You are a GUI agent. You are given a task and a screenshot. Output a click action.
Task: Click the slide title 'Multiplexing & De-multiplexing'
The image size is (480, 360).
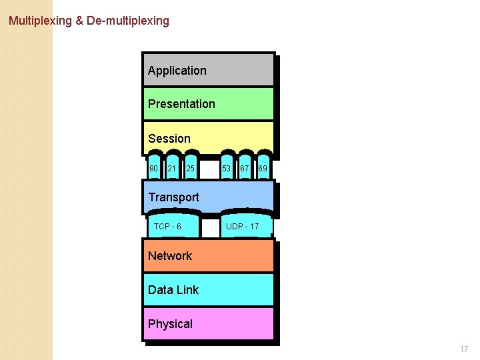[x=89, y=21]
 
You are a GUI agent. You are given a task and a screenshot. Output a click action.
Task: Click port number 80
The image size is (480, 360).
[x=153, y=169]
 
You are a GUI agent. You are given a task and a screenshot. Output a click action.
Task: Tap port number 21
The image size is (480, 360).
[x=172, y=169]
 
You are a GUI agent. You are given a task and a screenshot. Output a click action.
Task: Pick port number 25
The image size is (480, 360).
[x=191, y=169]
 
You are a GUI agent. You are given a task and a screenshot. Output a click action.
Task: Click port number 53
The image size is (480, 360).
[x=227, y=169]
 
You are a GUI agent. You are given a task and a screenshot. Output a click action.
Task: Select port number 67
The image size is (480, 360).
[x=245, y=169]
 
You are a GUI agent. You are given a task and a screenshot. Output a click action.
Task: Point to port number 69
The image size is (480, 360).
[x=263, y=169]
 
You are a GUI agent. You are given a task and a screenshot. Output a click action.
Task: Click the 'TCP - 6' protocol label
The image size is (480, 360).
[x=167, y=227]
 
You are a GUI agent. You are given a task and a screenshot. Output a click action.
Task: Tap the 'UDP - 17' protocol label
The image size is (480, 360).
[x=242, y=227]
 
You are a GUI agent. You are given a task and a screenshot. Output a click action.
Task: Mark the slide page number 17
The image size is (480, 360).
[x=464, y=349]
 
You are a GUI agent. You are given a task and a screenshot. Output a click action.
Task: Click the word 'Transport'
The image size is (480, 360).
[x=173, y=197]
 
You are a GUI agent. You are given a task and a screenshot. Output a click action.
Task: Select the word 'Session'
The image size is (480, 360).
[x=169, y=139]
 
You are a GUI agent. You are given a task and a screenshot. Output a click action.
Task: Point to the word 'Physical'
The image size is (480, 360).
[x=170, y=324]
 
